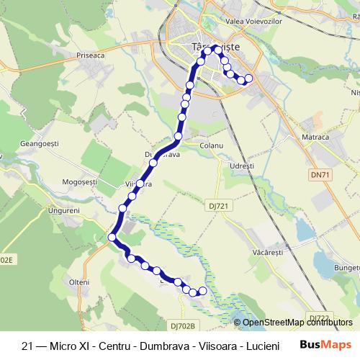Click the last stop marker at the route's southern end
[202, 291]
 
